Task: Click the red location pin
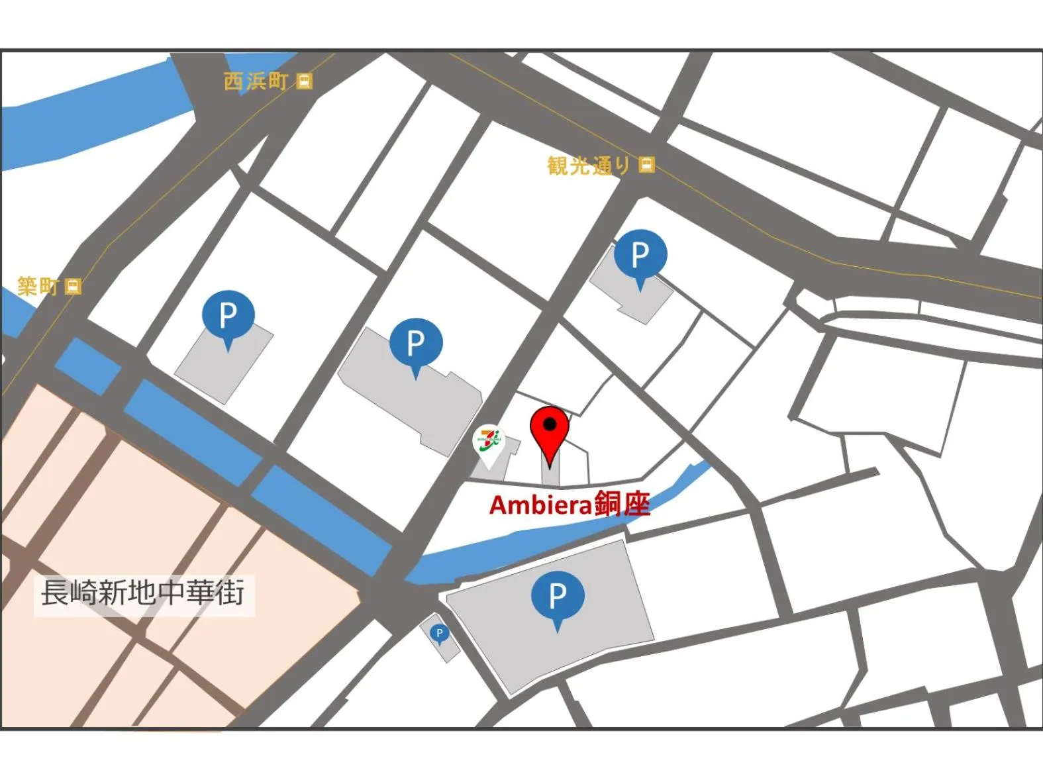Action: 550,430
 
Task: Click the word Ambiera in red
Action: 540,505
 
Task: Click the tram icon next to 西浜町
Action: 304,81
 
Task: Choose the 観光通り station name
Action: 589,166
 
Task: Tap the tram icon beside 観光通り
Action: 647,165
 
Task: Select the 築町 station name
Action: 38,286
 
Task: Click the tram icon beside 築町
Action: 74,286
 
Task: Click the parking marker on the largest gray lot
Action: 558,596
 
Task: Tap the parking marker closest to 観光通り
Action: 640,255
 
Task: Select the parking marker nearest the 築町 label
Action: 228,316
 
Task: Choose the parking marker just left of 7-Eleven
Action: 415,343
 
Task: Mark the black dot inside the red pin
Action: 550,424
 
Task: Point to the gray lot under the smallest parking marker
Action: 445,649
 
